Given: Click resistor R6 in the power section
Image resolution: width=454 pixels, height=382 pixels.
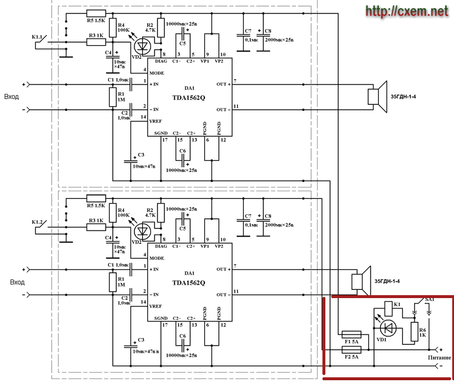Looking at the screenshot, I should [x=415, y=332].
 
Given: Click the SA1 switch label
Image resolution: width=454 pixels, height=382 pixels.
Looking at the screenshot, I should [x=431, y=300].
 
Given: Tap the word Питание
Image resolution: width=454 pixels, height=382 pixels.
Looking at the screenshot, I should [x=437, y=358].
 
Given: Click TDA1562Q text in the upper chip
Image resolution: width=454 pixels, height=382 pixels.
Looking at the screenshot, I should [x=189, y=98].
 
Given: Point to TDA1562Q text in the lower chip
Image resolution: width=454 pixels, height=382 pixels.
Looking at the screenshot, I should [x=189, y=283].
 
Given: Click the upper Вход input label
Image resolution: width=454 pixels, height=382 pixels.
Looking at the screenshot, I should [x=12, y=97].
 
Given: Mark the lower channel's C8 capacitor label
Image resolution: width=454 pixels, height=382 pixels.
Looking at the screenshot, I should [x=268, y=216].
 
